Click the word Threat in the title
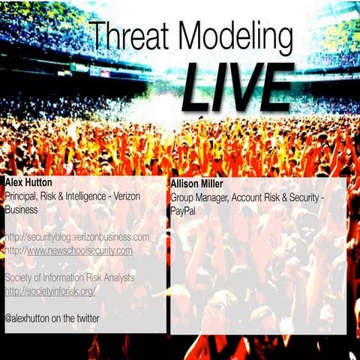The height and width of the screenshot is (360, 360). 125,36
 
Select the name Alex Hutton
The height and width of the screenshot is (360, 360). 27,183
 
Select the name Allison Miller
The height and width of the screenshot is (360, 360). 198,183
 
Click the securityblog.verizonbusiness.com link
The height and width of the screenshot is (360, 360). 77,238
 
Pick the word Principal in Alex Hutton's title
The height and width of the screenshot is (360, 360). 22,196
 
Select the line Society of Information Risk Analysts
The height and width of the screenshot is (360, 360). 70,278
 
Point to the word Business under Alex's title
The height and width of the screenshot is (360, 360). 22,210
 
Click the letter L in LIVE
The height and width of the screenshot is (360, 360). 196,88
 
